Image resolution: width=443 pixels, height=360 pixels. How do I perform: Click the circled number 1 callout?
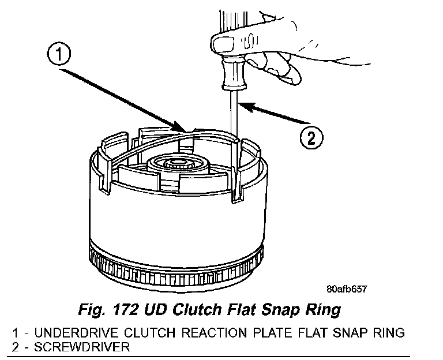point(61,56)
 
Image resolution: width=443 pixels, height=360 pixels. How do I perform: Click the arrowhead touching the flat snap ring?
point(180,127)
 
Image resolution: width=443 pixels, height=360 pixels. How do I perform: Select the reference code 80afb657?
point(346,290)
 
